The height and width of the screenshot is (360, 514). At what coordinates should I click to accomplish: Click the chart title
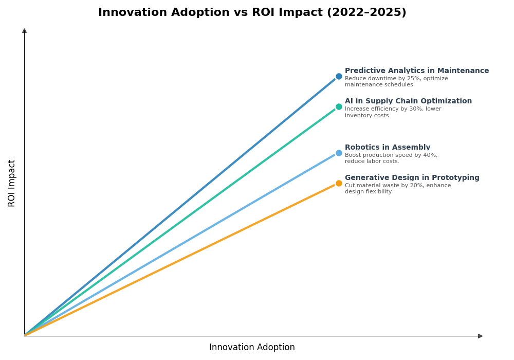tap(252, 13)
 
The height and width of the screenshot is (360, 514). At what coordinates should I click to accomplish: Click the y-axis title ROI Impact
tap(12, 183)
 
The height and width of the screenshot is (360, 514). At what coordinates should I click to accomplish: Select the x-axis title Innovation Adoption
tap(252, 348)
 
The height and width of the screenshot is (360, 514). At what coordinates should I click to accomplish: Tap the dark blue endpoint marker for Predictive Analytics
tap(339, 77)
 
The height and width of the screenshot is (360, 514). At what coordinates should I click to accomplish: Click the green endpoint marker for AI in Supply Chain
tap(339, 107)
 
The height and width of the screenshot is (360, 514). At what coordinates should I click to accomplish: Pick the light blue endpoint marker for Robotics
tap(339, 153)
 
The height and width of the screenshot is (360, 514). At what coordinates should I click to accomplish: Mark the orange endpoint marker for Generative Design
tap(339, 184)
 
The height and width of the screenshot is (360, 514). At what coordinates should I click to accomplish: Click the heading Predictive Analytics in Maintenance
tap(416, 71)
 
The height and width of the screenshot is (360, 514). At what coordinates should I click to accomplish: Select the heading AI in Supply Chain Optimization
tap(408, 101)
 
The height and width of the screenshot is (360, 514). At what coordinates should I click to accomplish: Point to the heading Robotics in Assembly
tap(387, 148)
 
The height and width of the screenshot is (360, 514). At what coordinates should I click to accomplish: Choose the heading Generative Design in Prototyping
tap(412, 178)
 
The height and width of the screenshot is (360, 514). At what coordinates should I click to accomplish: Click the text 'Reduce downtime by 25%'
tap(380, 79)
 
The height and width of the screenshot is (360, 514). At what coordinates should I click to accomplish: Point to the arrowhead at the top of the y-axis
tap(24, 31)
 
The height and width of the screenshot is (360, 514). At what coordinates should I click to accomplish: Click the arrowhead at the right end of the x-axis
tap(480, 336)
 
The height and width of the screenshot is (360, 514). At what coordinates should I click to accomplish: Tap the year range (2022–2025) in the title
tap(366, 13)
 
